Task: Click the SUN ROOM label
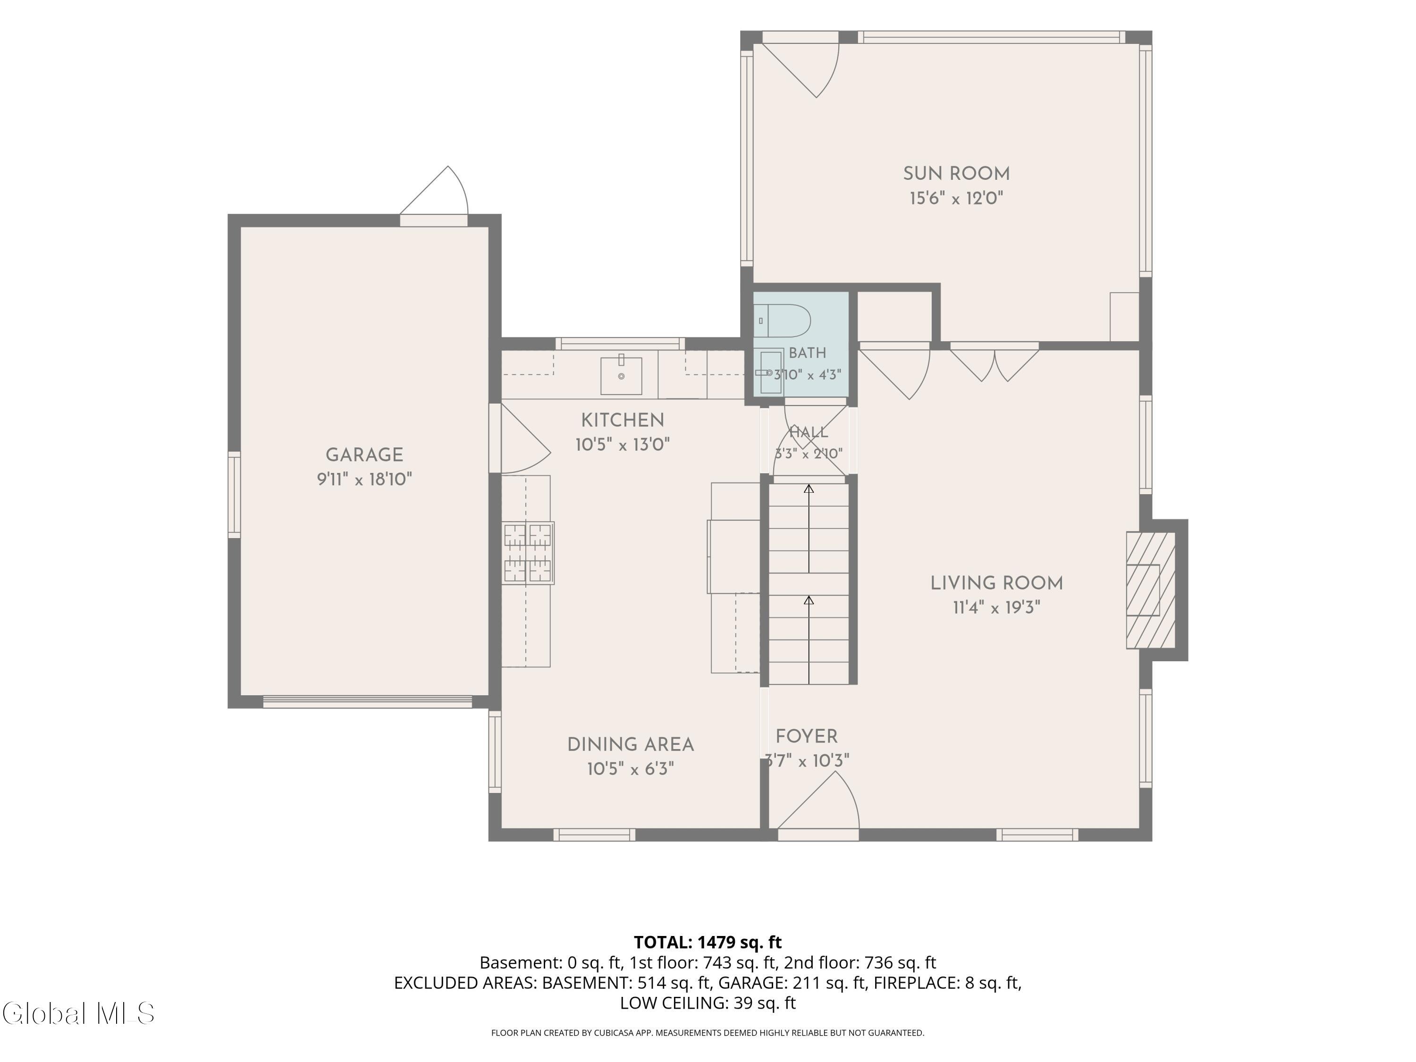(956, 174)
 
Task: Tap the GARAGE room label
(364, 455)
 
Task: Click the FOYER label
(807, 736)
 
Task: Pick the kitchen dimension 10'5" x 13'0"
(622, 444)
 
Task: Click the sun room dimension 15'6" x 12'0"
(956, 198)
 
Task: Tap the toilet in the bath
(782, 320)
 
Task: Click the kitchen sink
(621, 376)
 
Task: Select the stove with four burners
(528, 553)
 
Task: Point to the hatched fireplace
(1151, 590)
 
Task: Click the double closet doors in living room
(994, 362)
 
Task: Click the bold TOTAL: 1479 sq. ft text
(708, 942)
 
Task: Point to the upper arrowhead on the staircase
(809, 489)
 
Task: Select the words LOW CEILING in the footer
(672, 1003)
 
